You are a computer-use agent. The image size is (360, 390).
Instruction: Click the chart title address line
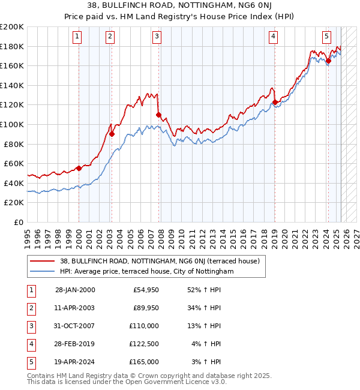(x=180, y=6)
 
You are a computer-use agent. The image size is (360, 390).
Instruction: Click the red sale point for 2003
(x=112, y=134)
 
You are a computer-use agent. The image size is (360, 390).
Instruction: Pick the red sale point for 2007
(x=158, y=114)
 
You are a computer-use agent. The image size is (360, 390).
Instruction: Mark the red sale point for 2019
(x=275, y=102)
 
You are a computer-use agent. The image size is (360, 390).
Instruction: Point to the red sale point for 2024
(x=328, y=61)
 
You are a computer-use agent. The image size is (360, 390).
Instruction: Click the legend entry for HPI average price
(x=146, y=271)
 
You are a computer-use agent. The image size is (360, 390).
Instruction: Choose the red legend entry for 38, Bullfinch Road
(x=159, y=261)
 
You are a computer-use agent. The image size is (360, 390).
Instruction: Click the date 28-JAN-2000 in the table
(x=75, y=290)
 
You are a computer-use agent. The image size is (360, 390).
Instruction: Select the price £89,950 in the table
(x=146, y=308)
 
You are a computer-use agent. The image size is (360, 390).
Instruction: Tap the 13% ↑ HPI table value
(x=205, y=326)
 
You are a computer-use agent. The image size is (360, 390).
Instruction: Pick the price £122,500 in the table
(x=145, y=344)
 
